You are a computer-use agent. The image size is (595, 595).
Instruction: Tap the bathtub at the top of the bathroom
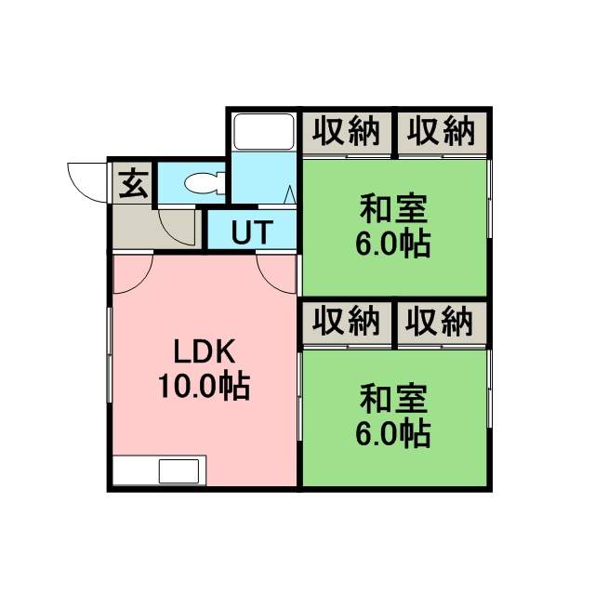(264, 132)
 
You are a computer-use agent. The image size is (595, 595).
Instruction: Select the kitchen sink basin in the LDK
(178, 471)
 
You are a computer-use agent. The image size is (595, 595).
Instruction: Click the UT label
(252, 231)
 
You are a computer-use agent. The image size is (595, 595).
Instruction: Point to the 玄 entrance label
(133, 184)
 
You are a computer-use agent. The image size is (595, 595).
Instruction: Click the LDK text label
(205, 351)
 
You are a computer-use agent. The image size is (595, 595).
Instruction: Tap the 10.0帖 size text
(204, 386)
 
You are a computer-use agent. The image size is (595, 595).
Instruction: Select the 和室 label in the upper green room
(393, 209)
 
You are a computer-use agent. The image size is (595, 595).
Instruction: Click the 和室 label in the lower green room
(393, 399)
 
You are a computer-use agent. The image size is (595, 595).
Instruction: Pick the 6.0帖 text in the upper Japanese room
(393, 244)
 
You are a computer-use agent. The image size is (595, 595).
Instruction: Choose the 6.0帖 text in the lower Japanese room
(393, 433)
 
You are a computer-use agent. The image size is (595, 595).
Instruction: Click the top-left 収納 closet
(347, 132)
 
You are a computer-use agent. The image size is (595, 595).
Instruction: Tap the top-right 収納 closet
(442, 132)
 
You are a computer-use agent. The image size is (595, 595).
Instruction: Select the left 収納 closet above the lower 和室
(347, 323)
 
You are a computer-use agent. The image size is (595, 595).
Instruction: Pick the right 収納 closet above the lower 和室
(442, 323)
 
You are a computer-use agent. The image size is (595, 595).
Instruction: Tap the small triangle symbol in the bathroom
(289, 194)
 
